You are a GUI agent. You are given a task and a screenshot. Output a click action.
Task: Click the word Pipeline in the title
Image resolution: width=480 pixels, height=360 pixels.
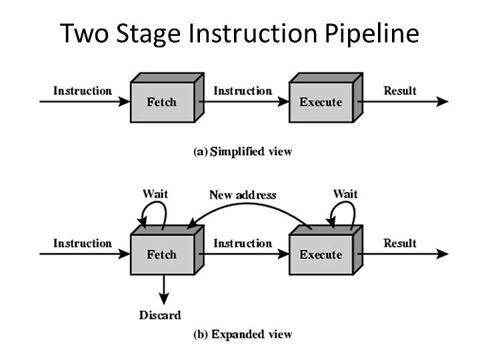(371, 33)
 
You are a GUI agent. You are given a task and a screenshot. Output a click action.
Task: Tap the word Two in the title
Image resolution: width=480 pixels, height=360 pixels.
(84, 33)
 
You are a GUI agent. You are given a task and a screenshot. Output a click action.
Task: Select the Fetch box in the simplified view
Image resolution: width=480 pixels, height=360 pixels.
(167, 97)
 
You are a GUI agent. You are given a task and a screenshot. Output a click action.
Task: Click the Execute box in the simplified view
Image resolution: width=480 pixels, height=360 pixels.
(326, 97)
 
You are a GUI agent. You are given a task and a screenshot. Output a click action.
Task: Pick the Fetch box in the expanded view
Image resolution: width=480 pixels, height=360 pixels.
(167, 250)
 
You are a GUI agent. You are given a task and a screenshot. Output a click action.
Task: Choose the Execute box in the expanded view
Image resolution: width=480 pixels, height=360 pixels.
(326, 250)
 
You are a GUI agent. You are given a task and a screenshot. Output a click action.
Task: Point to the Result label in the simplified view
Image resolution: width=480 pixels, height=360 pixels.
(400, 91)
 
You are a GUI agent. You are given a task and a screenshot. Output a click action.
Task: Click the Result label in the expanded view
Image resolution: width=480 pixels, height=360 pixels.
(400, 243)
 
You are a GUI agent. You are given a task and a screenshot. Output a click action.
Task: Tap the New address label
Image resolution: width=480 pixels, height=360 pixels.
(243, 195)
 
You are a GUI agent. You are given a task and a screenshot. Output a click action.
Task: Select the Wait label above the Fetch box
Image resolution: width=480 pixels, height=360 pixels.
(155, 194)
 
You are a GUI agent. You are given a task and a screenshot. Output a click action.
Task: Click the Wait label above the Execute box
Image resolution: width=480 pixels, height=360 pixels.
(345, 194)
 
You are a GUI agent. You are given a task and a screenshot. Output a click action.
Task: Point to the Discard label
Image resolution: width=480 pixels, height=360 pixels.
(160, 315)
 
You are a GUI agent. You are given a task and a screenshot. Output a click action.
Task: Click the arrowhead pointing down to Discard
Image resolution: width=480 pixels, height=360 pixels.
(164, 299)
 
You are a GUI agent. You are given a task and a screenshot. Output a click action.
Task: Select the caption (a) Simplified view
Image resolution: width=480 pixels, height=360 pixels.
(243, 151)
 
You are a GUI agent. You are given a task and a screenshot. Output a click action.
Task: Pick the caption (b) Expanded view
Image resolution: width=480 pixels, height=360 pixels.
(243, 334)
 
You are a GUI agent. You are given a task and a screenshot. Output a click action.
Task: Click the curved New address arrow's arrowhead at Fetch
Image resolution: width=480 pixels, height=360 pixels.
(191, 225)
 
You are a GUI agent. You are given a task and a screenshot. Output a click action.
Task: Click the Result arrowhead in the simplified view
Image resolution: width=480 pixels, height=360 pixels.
(442, 101)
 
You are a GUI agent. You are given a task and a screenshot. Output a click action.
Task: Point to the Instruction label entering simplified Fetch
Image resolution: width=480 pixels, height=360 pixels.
(83, 91)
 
